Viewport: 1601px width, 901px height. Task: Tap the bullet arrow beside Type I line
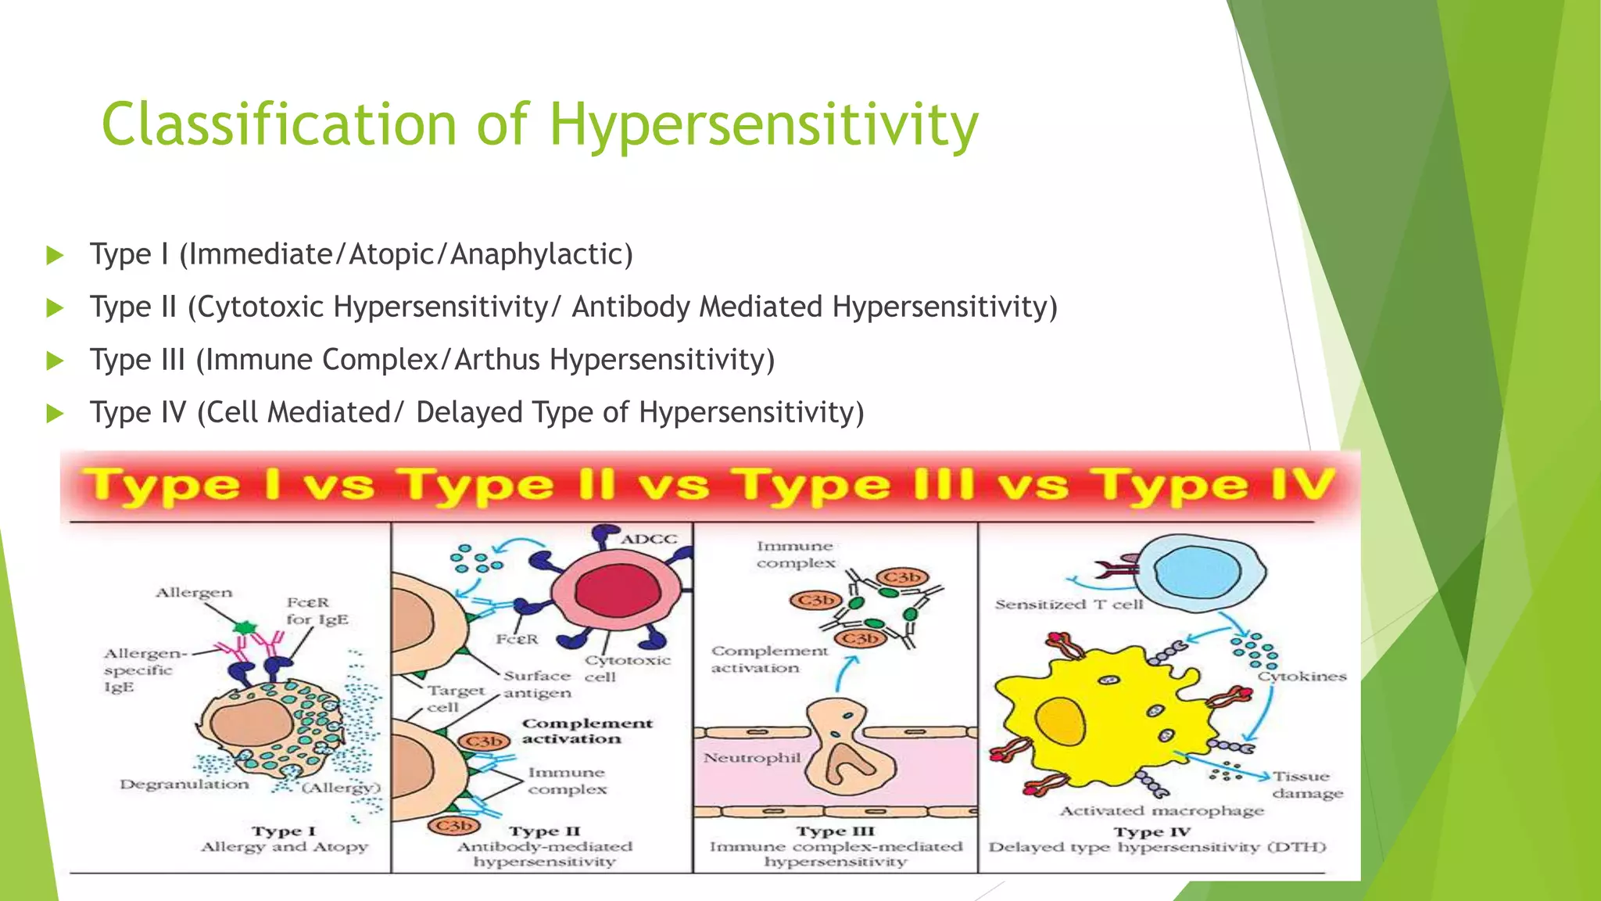(x=55, y=255)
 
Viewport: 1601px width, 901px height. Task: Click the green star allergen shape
(x=245, y=627)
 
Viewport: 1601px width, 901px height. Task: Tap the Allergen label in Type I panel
(x=194, y=593)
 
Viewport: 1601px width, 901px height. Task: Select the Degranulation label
(x=184, y=784)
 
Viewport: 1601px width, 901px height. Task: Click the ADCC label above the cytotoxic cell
(x=649, y=539)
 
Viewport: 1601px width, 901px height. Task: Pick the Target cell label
(x=455, y=698)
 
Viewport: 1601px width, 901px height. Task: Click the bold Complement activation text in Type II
(x=587, y=731)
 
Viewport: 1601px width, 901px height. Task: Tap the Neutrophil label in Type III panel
(x=751, y=757)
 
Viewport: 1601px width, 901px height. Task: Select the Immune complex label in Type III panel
(x=795, y=555)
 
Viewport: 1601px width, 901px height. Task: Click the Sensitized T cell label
(x=1069, y=605)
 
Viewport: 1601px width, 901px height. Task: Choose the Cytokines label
(x=1302, y=677)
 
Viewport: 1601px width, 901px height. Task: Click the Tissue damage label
(x=1306, y=784)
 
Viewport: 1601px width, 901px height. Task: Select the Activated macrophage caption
(x=1162, y=811)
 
